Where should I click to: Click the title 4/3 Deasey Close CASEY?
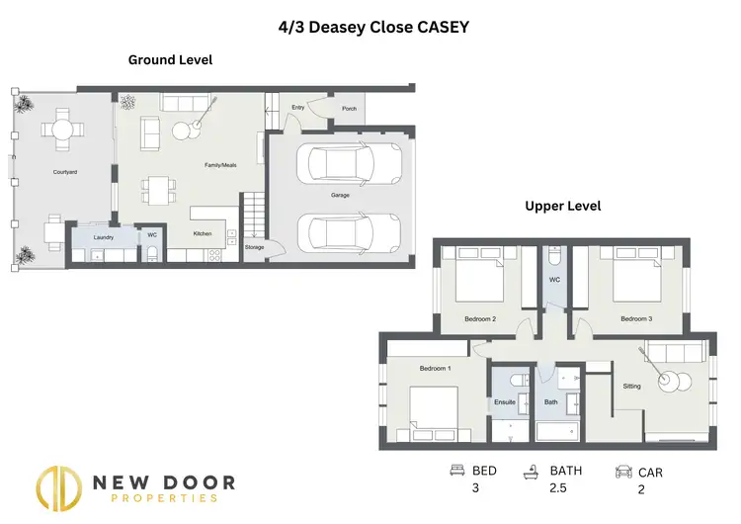[x=372, y=28]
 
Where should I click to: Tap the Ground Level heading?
[x=170, y=60]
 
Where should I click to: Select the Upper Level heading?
[x=562, y=207]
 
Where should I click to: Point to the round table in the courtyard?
[x=63, y=129]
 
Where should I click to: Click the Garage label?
[x=340, y=195]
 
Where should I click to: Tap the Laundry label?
[x=103, y=237]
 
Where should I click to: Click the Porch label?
[x=349, y=109]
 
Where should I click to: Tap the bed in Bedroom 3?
[x=637, y=280]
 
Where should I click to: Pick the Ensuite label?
[x=505, y=402]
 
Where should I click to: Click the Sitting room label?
[x=631, y=388]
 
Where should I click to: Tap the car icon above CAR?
[x=623, y=472]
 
